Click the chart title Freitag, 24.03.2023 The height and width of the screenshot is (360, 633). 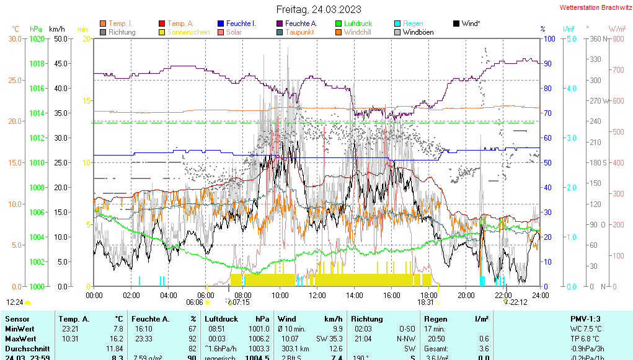click(318, 9)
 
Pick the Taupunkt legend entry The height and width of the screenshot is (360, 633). click(299, 32)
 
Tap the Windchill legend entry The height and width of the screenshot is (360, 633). click(358, 32)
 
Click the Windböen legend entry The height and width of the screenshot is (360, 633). click(418, 32)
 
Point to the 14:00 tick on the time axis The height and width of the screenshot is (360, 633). click(354, 295)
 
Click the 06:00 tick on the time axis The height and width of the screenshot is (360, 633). click(205, 295)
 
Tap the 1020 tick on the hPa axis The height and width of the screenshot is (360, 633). click(37, 38)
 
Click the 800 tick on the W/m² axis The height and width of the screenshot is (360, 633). click(618, 38)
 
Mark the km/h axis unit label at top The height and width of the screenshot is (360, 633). click(56, 29)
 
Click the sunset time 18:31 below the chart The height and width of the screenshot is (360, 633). click(425, 302)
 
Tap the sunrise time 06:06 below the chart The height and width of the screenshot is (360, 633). click(195, 302)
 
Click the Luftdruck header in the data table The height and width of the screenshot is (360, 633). click(221, 318)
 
